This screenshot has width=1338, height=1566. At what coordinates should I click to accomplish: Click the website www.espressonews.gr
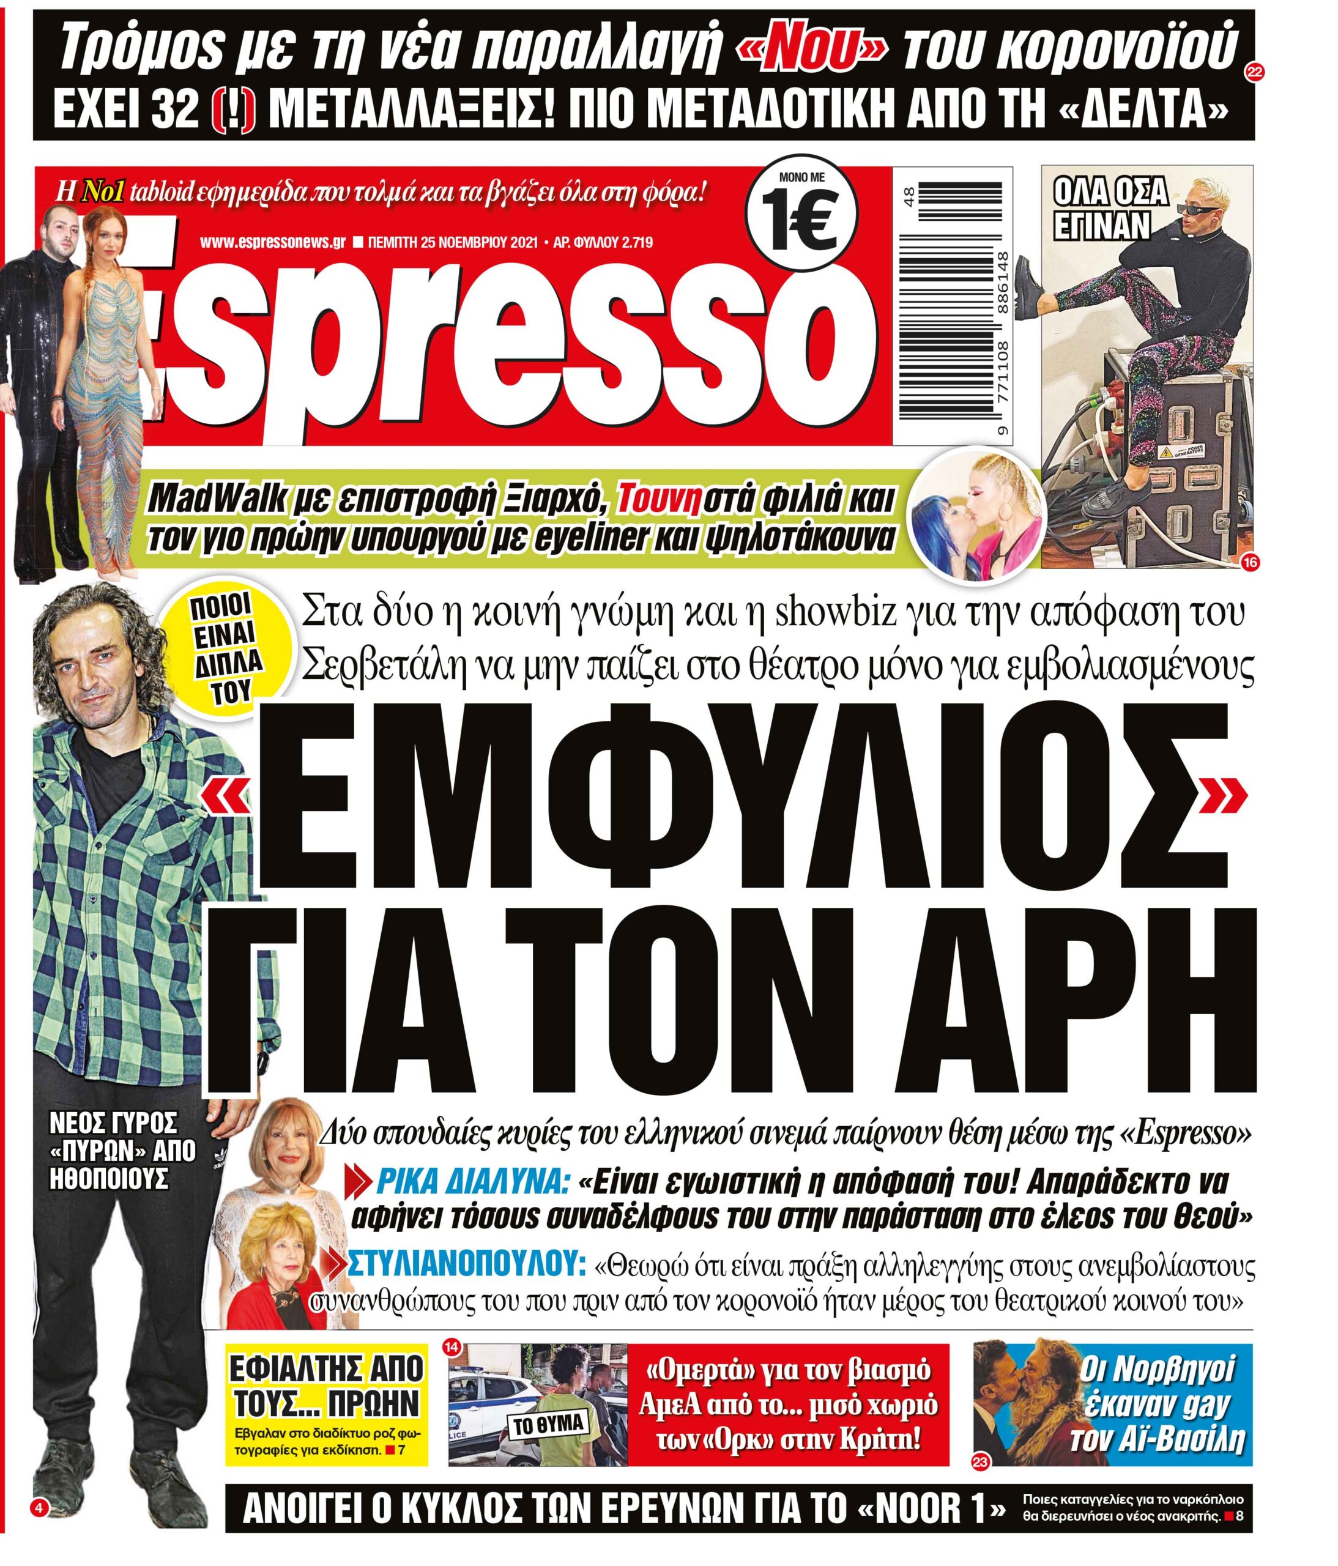tap(272, 243)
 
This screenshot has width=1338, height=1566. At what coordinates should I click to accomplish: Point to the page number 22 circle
tap(1254, 73)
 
